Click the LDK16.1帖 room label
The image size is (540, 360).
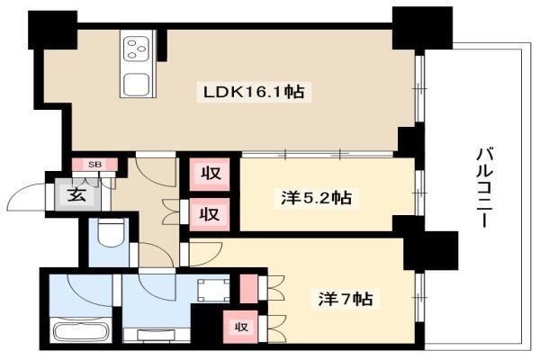click(254, 93)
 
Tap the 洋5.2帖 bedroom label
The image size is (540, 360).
click(316, 198)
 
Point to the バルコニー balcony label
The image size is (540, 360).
click(486, 188)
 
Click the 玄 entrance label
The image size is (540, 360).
click(76, 196)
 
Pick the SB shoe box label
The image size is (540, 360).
click(95, 165)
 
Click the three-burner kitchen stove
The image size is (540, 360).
click(137, 49)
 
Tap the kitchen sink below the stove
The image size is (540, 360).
click(137, 84)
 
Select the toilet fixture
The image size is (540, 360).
click(110, 232)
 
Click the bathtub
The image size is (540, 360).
click(81, 329)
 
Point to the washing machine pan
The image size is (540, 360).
click(213, 290)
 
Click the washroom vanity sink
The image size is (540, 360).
click(157, 335)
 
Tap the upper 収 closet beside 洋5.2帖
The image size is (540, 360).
click(210, 174)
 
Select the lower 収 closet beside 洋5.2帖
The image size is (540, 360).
click(210, 214)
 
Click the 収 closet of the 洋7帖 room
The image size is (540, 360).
click(240, 327)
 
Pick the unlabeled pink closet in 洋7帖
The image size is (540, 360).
click(248, 289)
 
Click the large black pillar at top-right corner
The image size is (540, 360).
click(422, 29)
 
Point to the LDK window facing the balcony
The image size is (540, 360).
click(419, 88)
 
